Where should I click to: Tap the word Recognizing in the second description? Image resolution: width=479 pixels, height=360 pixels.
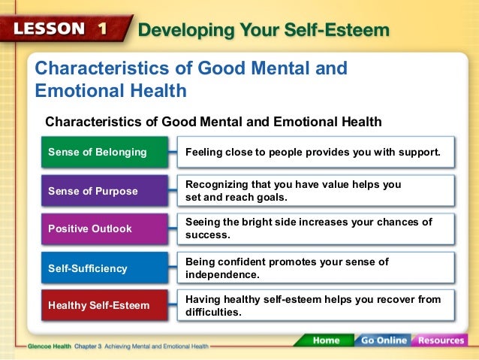216,184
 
